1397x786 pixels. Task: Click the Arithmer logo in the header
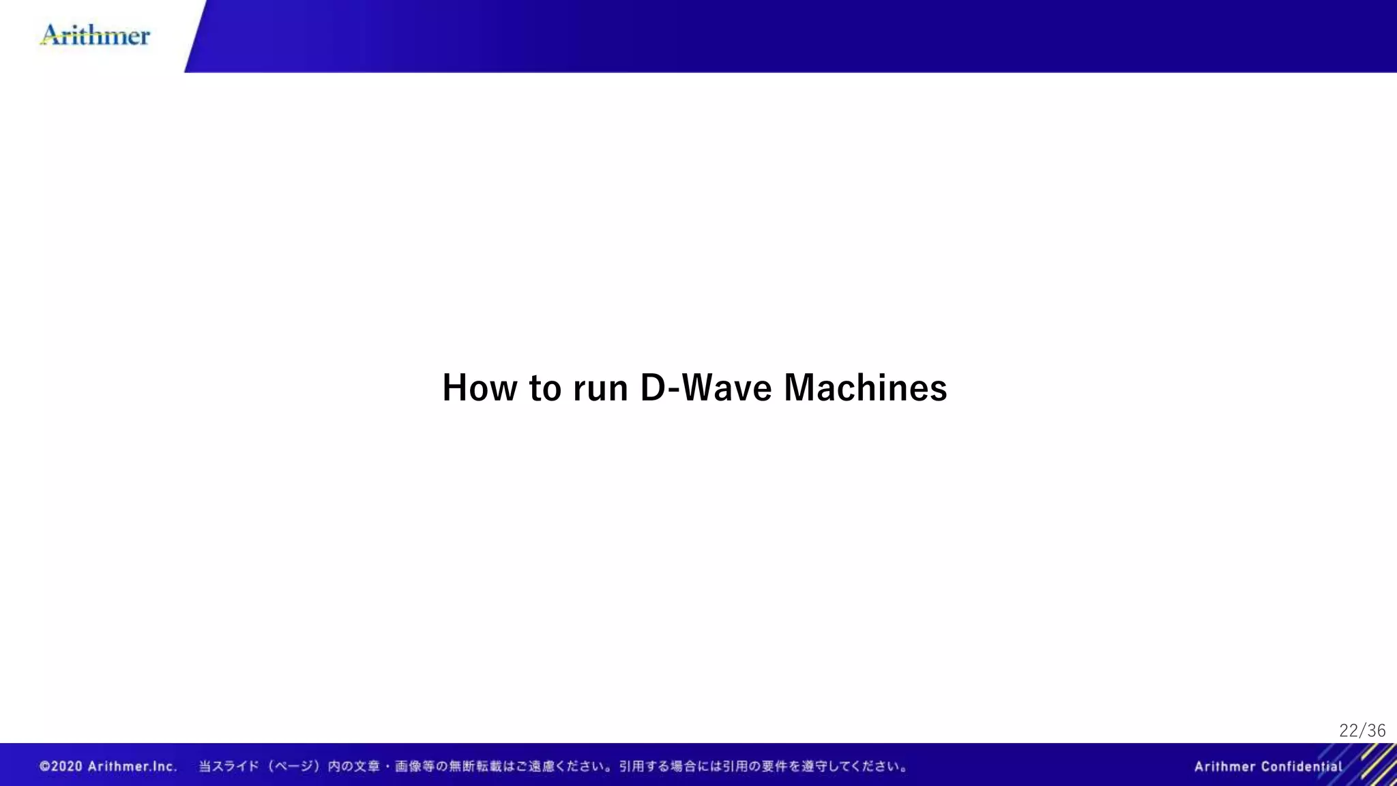point(95,35)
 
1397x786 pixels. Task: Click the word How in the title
point(480,388)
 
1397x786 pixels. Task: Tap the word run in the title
point(600,388)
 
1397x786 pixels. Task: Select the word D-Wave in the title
point(706,388)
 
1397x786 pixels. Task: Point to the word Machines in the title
point(865,388)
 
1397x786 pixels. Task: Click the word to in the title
point(545,388)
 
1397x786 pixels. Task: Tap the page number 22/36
point(1362,731)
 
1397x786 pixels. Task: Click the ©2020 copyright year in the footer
point(61,766)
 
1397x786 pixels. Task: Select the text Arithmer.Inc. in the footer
point(132,766)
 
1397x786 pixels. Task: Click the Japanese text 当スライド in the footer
point(229,766)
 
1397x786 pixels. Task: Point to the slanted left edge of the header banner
point(196,35)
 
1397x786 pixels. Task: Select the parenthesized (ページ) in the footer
point(293,766)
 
